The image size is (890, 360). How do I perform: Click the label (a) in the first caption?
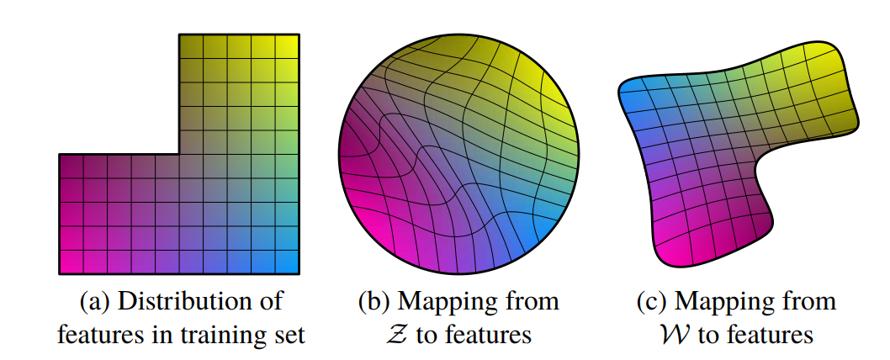[x=92, y=302]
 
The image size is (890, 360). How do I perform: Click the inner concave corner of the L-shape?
[x=179, y=154]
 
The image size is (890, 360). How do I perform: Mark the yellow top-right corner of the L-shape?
[x=299, y=34]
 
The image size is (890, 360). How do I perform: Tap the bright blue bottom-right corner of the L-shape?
[x=299, y=273]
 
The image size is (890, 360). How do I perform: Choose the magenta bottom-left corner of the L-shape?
[x=60, y=273]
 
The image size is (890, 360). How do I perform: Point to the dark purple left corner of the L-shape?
[x=60, y=155]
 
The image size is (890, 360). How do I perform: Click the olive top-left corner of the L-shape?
[x=179, y=34]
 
